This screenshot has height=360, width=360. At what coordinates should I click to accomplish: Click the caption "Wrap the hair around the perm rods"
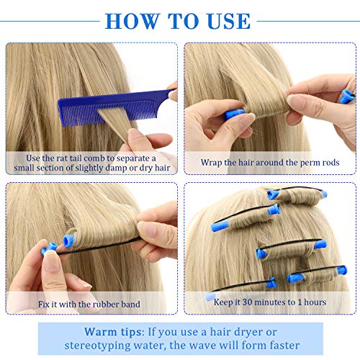pos(270,163)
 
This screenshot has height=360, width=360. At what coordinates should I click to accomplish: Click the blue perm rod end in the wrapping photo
pos(233,114)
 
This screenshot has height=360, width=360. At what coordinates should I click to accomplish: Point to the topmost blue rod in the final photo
pos(274,194)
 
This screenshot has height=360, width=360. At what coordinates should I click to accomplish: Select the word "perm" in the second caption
pos(306,163)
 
